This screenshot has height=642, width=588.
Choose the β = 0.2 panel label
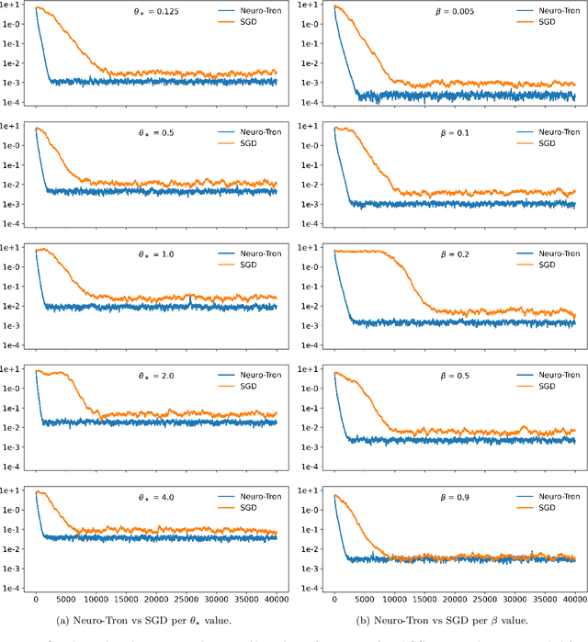click(451, 254)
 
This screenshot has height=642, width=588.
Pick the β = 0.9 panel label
click(451, 497)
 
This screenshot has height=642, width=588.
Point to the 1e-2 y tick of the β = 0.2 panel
click(311, 306)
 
